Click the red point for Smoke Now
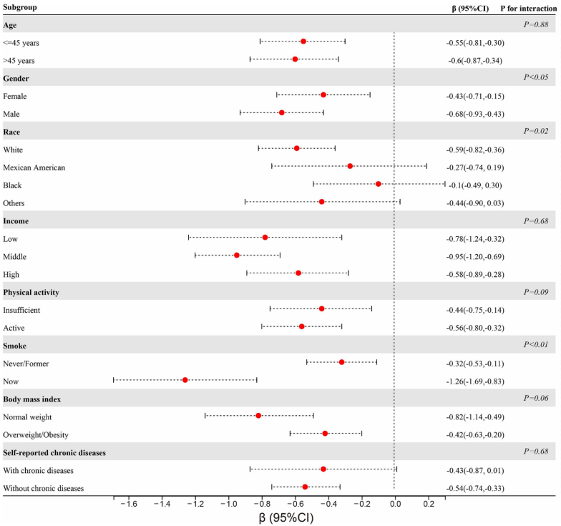[185, 380]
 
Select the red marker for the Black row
[378, 184]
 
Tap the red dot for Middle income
[237, 255]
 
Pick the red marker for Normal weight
[258, 416]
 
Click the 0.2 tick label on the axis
[428, 504]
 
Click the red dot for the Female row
[323, 95]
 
